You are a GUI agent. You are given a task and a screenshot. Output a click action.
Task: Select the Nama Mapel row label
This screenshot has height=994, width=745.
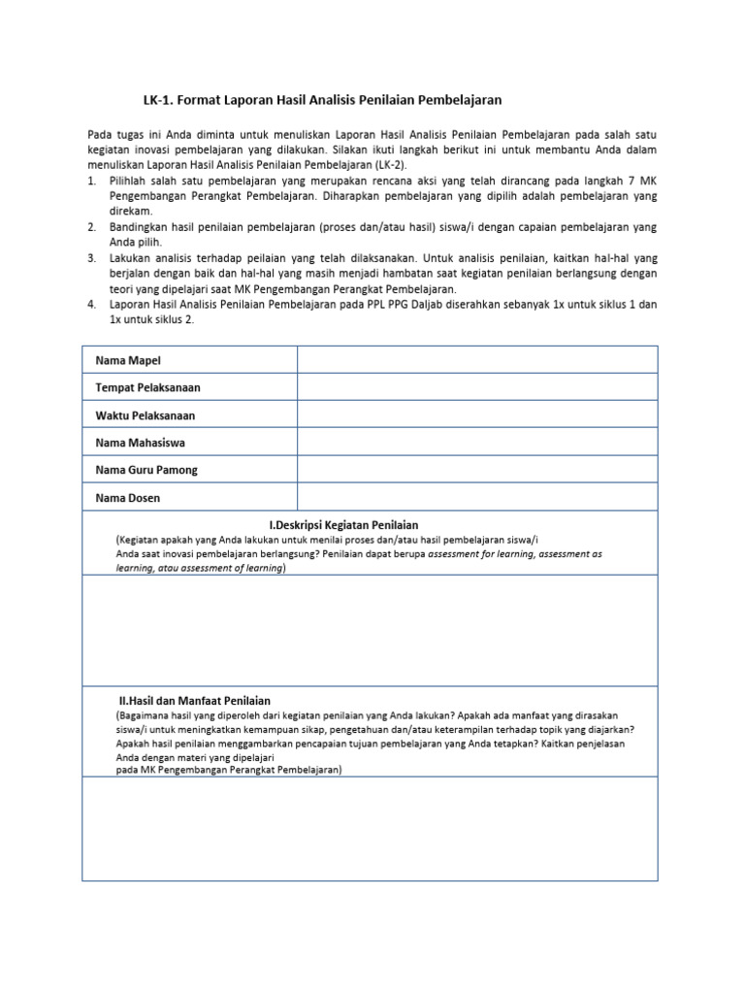point(128,360)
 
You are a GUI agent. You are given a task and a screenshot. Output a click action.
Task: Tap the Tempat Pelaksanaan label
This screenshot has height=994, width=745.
point(147,387)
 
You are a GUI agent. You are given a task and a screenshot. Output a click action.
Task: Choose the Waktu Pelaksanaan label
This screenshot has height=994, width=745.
point(145,415)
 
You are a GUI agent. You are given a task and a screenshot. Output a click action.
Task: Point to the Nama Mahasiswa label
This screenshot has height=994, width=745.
point(140,443)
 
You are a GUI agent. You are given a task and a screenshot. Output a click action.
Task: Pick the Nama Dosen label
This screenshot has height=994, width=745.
point(127,498)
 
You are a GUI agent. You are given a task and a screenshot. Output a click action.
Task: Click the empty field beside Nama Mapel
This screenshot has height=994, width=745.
point(476,360)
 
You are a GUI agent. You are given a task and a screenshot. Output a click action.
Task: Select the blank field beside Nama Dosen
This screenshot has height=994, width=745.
point(476,498)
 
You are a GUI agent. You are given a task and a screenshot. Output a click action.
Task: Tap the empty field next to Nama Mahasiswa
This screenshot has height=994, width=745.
point(476,443)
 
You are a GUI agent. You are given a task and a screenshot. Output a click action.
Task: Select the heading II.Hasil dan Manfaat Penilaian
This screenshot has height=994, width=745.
point(194,700)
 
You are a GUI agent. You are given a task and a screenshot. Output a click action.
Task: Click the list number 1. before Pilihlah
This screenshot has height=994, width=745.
point(91,182)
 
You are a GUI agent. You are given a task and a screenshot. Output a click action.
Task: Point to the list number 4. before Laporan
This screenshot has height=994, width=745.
point(91,305)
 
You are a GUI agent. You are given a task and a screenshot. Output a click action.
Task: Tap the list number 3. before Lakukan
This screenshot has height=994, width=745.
point(91,258)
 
